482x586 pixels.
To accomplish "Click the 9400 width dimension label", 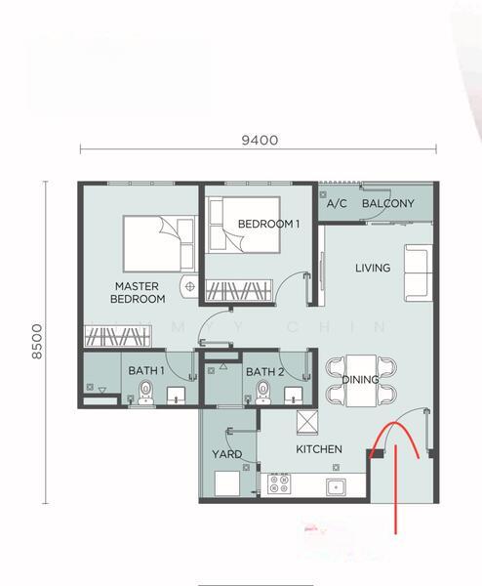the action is click(x=260, y=140).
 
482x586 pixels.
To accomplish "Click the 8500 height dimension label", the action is click(x=37, y=341).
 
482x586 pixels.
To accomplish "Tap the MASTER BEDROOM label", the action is click(x=138, y=293).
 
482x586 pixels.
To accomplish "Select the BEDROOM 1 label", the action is click(x=269, y=224).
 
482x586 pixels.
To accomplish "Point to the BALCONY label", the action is click(x=388, y=203).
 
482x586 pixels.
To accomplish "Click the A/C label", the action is click(x=337, y=204).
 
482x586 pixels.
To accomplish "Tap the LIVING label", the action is click(x=373, y=268).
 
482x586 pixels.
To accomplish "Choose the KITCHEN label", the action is click(x=319, y=449).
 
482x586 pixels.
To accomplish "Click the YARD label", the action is click(x=227, y=454).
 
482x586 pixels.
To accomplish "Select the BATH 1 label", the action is click(x=146, y=371).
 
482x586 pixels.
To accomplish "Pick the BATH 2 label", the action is click(x=265, y=372).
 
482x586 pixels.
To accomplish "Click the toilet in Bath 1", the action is click(x=145, y=393).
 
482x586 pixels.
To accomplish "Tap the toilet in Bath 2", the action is click(x=262, y=393).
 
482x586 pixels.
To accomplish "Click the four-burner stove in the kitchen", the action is click(x=279, y=484).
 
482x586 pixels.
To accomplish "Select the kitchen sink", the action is click(x=336, y=487).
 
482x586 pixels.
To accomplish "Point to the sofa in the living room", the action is click(x=419, y=272).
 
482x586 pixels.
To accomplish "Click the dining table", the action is click(x=361, y=381).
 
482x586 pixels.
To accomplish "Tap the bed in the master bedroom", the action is click(x=160, y=243).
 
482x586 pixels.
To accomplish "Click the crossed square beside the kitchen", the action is click(x=307, y=423).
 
